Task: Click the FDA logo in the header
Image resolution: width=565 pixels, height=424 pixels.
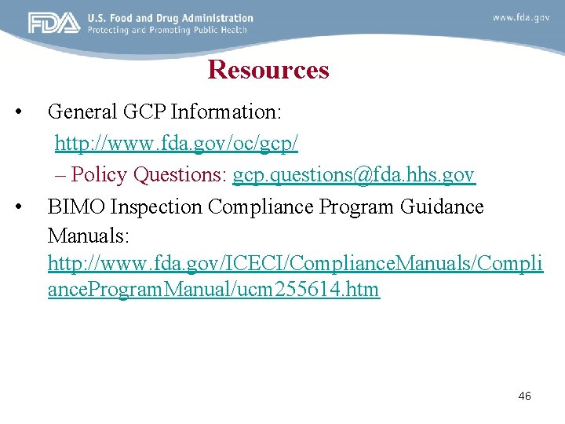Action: coord(54,23)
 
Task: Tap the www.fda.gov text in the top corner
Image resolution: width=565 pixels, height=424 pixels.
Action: coord(521,16)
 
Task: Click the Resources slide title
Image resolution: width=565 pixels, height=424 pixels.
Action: coord(268,70)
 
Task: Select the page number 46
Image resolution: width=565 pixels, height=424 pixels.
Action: coord(525,397)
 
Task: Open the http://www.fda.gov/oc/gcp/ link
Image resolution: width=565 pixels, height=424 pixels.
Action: coord(177,144)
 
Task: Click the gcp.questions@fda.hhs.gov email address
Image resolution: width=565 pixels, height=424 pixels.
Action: coord(353,174)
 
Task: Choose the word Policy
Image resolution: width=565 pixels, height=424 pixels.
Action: coord(100,174)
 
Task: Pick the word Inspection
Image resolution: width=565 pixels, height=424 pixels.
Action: coord(157,207)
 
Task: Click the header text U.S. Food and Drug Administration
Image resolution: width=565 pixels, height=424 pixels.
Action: coord(170,17)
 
